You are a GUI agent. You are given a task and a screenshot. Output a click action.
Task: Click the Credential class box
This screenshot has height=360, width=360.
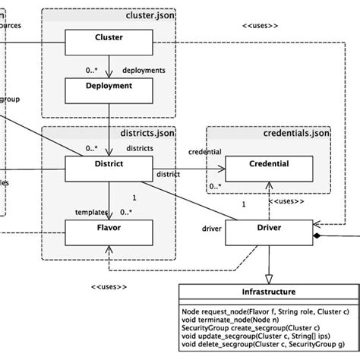[x=268, y=165]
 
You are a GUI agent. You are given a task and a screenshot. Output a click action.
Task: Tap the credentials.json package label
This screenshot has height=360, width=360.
[x=292, y=134]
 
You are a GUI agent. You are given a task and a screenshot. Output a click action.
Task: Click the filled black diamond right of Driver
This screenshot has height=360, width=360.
[x=319, y=238]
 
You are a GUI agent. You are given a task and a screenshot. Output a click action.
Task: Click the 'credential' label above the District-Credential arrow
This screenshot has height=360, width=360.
[x=204, y=151]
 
